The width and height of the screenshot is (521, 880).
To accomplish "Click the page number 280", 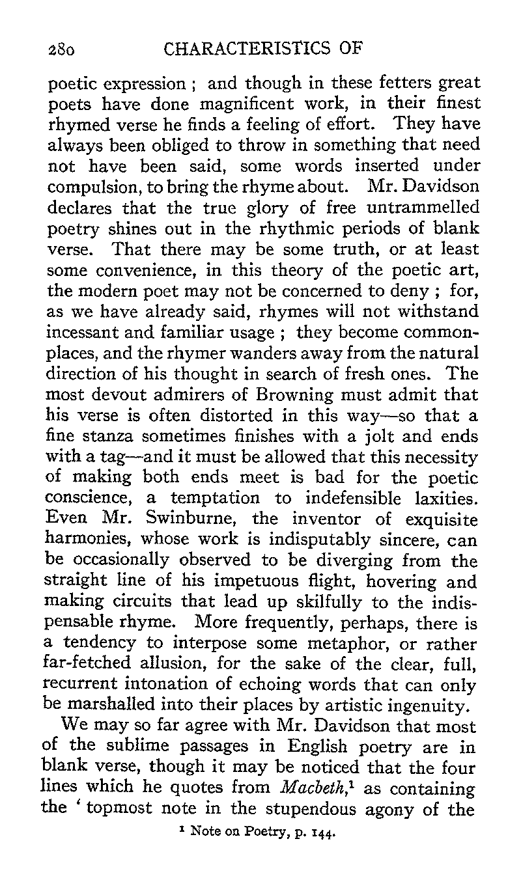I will (63, 49).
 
